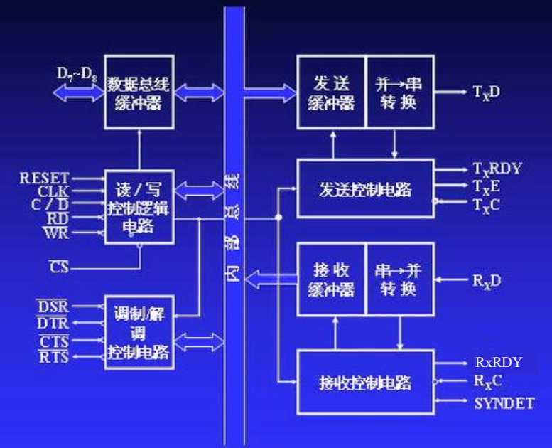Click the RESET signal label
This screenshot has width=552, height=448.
tap(44, 178)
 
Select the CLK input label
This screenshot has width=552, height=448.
tap(53, 191)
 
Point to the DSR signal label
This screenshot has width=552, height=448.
tap(53, 306)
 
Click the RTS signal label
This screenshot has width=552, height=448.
tap(53, 356)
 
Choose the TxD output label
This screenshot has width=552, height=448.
tap(487, 92)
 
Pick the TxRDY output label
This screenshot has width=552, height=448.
tap(497, 169)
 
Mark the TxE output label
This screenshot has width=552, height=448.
tap(487, 186)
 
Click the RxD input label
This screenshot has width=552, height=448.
tap(487, 280)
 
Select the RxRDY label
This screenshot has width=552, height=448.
tap(498, 363)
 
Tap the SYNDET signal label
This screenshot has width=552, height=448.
tap(504, 403)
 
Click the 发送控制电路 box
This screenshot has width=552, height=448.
tap(364, 189)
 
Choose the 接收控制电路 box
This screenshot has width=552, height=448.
tap(364, 382)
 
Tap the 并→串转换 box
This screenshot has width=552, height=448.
tap(398, 92)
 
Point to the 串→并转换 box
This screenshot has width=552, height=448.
tap(398, 279)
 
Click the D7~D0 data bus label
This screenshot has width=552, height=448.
tap(77, 73)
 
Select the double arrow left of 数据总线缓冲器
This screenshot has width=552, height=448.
tap(77, 92)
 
